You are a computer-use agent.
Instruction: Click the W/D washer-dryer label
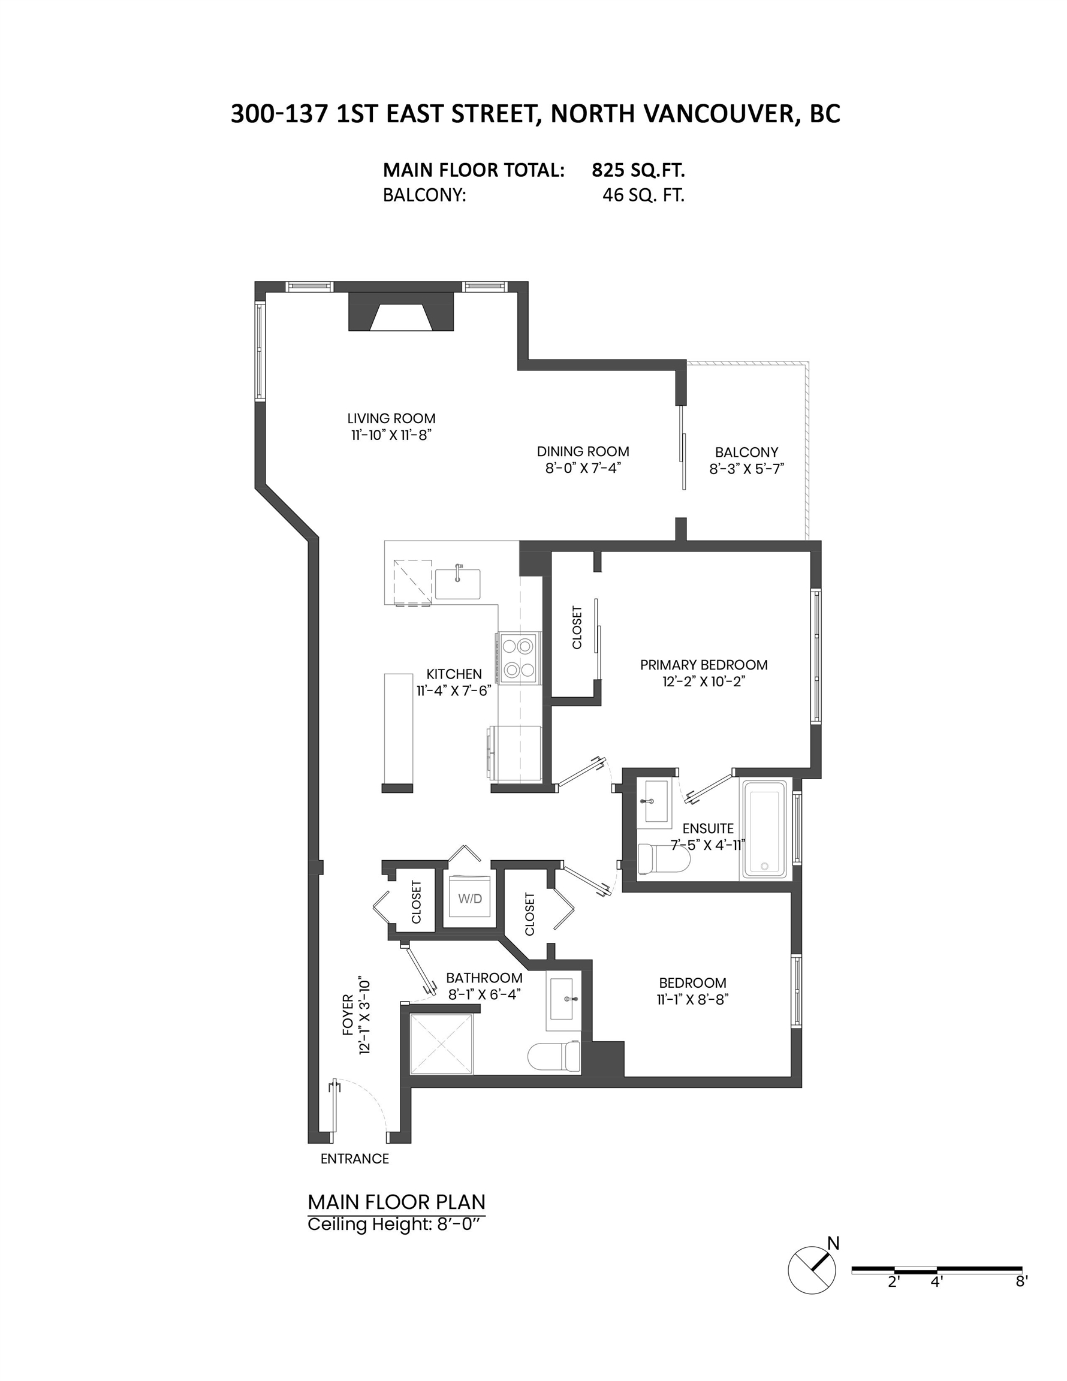pyautogui.click(x=470, y=898)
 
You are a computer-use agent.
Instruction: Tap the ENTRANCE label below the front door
pyautogui.click(x=355, y=1159)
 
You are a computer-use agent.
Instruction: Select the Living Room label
pyautogui.click(x=391, y=418)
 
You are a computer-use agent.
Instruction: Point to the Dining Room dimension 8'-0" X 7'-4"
pyautogui.click(x=583, y=468)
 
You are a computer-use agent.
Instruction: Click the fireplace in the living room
pyautogui.click(x=401, y=311)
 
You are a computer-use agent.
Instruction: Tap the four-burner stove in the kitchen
pyautogui.click(x=517, y=658)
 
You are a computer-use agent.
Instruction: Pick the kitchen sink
pyautogui.click(x=457, y=583)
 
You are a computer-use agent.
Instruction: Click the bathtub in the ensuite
pyautogui.click(x=765, y=830)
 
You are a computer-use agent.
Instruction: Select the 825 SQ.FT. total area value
pyautogui.click(x=638, y=170)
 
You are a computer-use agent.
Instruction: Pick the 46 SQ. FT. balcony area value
pyautogui.click(x=643, y=195)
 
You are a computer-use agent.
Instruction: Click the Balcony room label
pyautogui.click(x=746, y=452)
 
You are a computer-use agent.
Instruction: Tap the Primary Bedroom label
pyautogui.click(x=703, y=665)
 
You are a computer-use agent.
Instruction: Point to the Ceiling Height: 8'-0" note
pyautogui.click(x=397, y=1224)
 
